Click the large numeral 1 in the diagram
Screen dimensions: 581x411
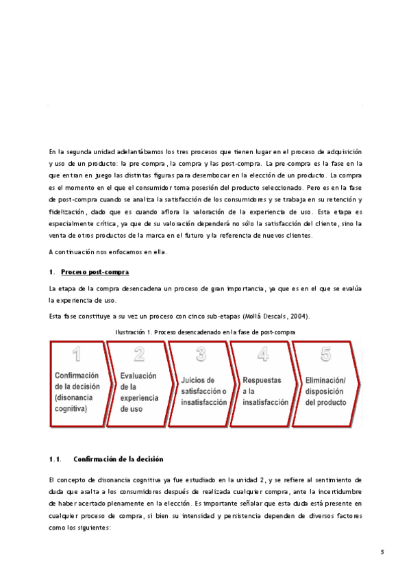click(77, 354)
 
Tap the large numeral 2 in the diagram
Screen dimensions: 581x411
click(139, 354)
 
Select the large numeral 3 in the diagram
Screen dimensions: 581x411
click(201, 354)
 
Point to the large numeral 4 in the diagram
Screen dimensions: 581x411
click(262, 354)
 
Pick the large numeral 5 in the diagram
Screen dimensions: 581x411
click(326, 354)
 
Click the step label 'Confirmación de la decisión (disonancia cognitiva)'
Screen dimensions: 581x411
click(77, 392)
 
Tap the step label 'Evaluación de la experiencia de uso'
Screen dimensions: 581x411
click(138, 392)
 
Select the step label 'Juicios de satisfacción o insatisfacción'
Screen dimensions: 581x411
click(203, 391)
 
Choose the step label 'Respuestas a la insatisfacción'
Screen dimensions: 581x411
click(264, 391)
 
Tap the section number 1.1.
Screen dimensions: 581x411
click(55, 458)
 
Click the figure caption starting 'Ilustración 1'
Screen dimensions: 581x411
click(206, 332)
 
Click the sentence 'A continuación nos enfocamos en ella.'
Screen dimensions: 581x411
click(108, 252)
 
